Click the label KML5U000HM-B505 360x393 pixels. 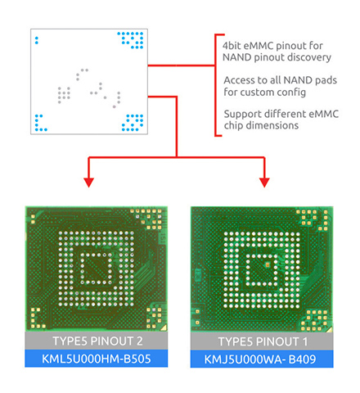tap(97, 359)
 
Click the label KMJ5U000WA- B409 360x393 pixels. tap(260, 359)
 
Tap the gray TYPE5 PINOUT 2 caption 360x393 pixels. tap(97, 341)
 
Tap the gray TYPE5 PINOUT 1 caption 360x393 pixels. tap(263, 341)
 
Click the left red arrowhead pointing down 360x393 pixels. tap(88, 183)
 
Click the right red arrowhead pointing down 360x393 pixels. tap(264, 183)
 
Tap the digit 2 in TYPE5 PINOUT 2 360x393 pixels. tap(139, 341)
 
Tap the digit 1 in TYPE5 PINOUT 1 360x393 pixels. tap(305, 341)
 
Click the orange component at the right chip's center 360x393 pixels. tap(268, 264)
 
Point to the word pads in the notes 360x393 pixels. tap(326, 80)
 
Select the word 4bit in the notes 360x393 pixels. tap(232, 46)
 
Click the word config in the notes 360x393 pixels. tap(291, 92)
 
